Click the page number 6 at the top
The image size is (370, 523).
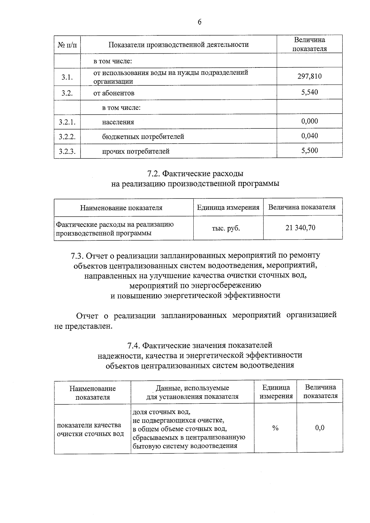pyautogui.click(x=199, y=22)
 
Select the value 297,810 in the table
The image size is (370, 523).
pyautogui.click(x=309, y=76)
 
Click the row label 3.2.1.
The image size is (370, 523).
pyautogui.click(x=67, y=122)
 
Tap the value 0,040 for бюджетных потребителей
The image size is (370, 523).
pyautogui.click(x=310, y=136)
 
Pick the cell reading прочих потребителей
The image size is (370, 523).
pyautogui.click(x=136, y=151)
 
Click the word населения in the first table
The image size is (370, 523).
pyautogui.click(x=118, y=122)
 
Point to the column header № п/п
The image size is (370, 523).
pyautogui.click(x=67, y=45)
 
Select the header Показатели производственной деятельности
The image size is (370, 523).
pyautogui.click(x=179, y=45)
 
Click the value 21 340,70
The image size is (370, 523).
pyautogui.click(x=300, y=228)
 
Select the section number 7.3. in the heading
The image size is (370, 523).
pyautogui.click(x=77, y=255)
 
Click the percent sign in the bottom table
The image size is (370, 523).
pyautogui.click(x=275, y=428)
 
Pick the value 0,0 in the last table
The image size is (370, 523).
pyautogui.click(x=320, y=428)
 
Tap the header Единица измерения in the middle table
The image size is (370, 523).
pyautogui.click(x=228, y=207)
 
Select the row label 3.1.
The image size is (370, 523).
pyautogui.click(x=67, y=77)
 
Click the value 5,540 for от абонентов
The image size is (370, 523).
pyautogui.click(x=310, y=92)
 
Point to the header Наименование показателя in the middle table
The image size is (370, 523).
pyautogui.click(x=121, y=208)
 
